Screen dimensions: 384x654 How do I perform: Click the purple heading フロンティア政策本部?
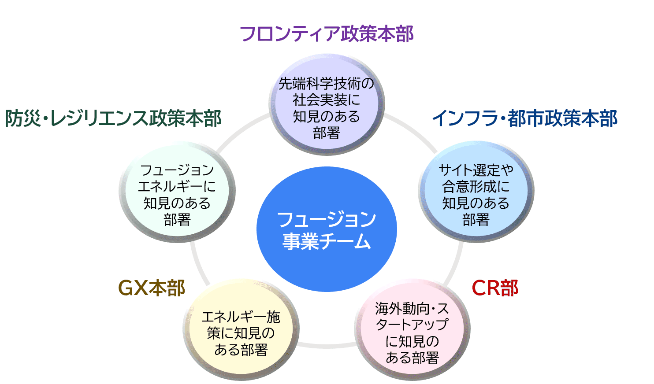point(327,34)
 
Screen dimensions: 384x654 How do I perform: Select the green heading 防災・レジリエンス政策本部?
point(113,118)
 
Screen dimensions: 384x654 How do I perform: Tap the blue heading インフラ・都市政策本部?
point(524,118)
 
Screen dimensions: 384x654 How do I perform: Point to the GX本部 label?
point(152,288)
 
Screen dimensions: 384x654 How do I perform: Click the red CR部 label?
point(494,288)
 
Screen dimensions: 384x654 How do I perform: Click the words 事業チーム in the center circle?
point(327,241)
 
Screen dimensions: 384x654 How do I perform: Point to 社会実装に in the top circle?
point(327,100)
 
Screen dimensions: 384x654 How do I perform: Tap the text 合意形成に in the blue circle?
point(476,187)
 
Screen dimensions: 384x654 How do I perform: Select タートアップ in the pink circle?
point(412,325)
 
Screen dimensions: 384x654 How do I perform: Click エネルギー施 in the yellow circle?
point(241,317)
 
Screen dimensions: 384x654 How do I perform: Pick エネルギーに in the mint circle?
point(177,187)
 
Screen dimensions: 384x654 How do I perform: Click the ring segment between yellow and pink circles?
point(327,346)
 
